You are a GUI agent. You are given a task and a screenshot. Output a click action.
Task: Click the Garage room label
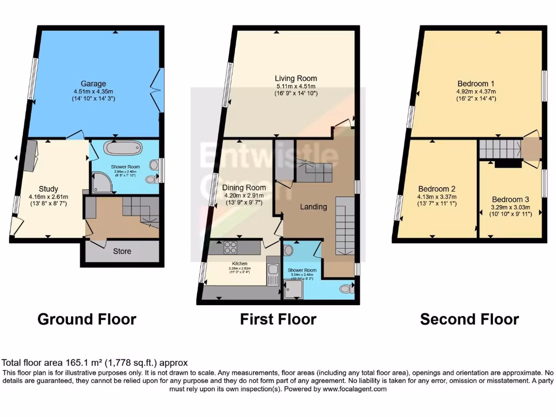tap(93, 84)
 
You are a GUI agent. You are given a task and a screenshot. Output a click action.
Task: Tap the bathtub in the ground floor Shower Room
tap(122, 148)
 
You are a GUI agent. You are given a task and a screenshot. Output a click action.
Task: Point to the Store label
tap(122, 251)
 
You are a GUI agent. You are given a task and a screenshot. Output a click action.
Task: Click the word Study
tap(48, 189)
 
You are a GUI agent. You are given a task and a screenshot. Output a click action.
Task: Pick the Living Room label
tap(295, 78)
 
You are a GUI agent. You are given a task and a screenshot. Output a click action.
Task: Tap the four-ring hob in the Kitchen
tap(230, 248)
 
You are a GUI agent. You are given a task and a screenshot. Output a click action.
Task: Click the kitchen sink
tap(273, 270)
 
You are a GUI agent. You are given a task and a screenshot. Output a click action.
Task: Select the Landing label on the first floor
tap(313, 206)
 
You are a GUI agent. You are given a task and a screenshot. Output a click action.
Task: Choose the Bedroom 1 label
tap(476, 84)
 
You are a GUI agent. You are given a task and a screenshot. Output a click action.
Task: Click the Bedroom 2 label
tap(436, 189)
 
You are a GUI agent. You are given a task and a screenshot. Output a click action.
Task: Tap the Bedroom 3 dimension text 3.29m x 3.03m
tap(510, 207)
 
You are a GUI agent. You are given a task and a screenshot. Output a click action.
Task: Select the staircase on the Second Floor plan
tap(498, 148)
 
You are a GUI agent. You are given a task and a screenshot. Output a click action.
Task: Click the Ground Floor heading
tap(86, 319)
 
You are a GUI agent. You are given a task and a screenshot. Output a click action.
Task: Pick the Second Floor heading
tap(469, 319)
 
